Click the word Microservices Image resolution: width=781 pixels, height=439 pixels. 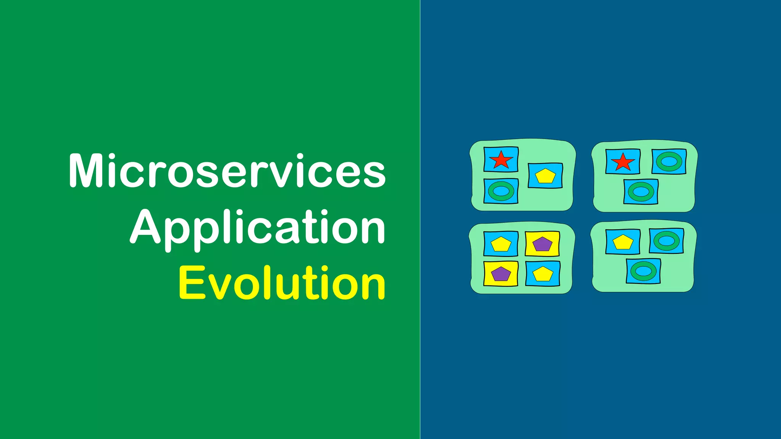[227, 171]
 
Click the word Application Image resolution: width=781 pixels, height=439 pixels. [258, 228]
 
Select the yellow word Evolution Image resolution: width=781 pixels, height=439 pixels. [282, 283]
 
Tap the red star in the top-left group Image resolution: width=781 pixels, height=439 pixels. [501, 160]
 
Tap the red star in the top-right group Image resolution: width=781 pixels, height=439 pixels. [623, 162]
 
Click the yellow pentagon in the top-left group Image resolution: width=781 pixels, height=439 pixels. [545, 176]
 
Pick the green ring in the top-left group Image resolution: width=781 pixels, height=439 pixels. [501, 191]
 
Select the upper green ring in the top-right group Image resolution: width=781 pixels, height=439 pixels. [669, 162]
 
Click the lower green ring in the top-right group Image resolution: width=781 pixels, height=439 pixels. [641, 192]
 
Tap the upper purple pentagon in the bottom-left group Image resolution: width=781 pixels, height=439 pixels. [542, 244]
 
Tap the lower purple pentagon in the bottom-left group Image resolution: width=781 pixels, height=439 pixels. [501, 274]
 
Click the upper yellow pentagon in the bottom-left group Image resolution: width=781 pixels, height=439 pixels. [501, 244]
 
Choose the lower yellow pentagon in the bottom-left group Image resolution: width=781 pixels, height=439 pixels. [543, 274]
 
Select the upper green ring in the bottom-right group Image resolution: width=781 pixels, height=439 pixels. [666, 241]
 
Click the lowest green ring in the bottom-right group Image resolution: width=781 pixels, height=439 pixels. [643, 271]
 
